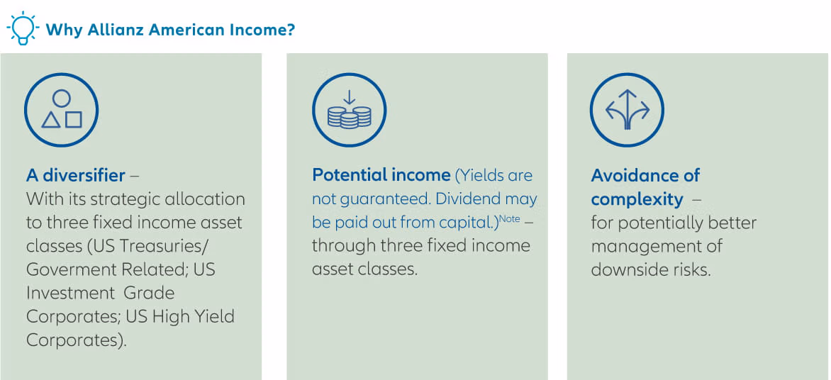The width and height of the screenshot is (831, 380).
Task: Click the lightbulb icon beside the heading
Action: [22, 28]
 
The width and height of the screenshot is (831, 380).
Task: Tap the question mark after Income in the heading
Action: [291, 30]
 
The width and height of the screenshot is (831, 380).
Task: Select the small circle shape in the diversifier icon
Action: [62, 99]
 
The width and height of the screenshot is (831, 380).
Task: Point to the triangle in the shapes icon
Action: [51, 120]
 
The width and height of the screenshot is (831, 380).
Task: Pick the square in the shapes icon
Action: [73, 120]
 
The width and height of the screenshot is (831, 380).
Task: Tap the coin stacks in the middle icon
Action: [350, 116]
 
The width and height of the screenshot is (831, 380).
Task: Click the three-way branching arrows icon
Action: [627, 110]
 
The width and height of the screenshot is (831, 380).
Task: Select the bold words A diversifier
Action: [76, 175]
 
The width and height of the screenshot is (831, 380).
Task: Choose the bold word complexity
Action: [637, 199]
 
